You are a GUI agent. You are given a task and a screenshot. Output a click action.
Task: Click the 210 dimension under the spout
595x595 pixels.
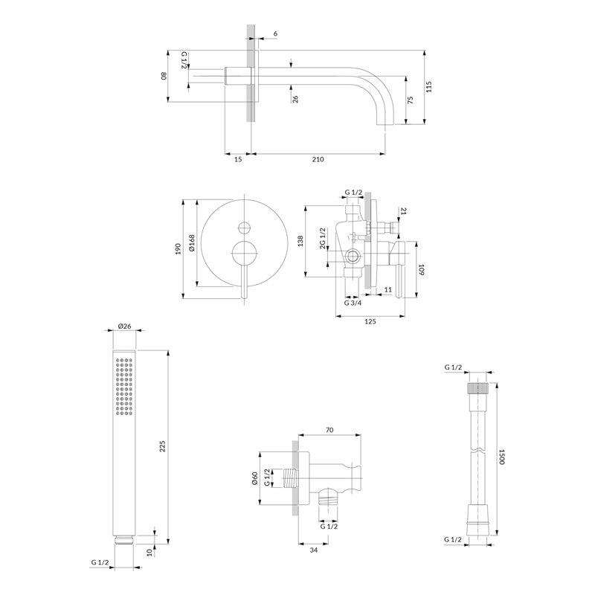pos(318,159)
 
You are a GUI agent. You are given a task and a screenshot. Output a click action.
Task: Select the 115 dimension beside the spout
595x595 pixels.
pos(429,86)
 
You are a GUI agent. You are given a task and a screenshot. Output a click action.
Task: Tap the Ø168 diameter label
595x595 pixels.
pos(192,243)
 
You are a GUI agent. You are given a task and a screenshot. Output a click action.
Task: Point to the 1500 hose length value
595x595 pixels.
pos(501,457)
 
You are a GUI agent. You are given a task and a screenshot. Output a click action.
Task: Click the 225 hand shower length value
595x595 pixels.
pos(162,446)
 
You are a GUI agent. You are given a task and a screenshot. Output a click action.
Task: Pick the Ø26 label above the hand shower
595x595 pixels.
pos(124,326)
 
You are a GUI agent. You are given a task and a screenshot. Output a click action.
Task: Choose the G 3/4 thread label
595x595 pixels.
pos(353,303)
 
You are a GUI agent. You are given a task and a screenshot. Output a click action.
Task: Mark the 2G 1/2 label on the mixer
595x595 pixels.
pos(323,238)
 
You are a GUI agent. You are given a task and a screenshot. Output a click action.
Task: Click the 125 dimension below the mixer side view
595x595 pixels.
pos(370,321)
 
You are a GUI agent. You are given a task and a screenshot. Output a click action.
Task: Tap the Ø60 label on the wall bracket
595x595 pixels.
pos(254,478)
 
